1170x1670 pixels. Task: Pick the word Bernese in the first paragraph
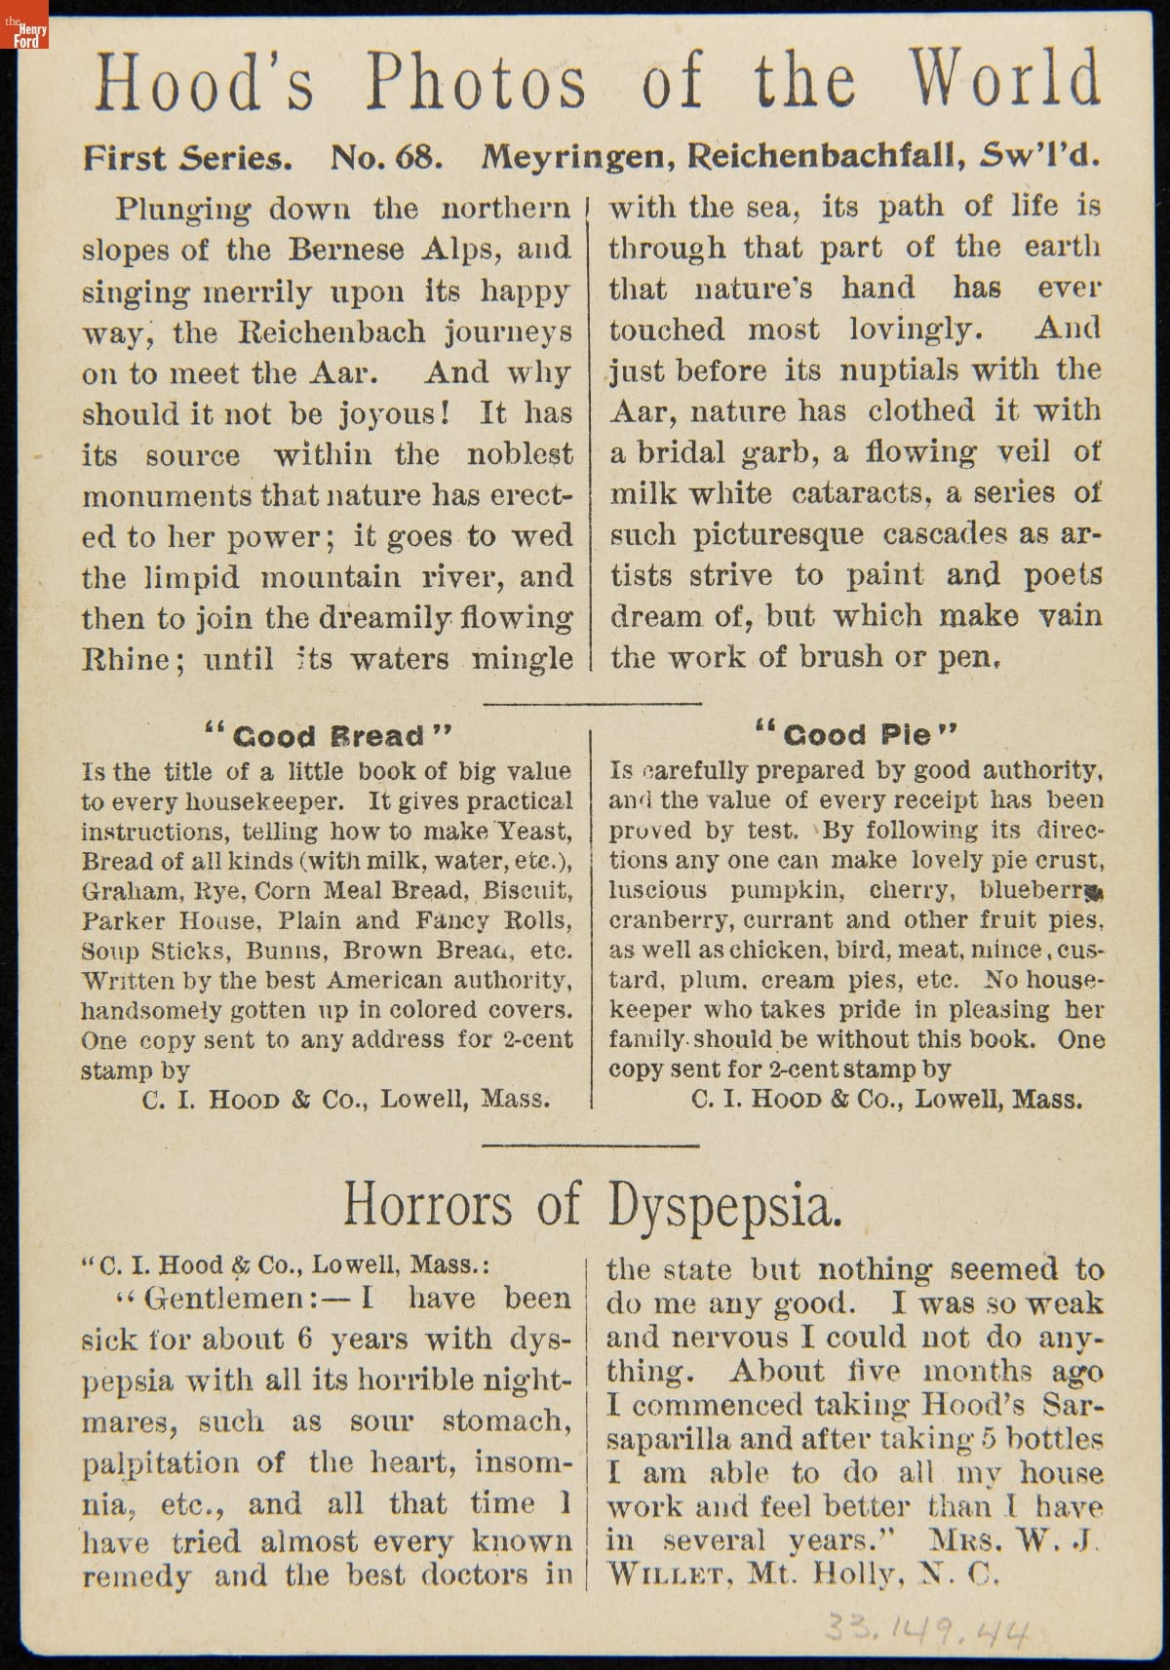tap(345, 250)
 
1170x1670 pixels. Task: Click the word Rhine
tap(124, 659)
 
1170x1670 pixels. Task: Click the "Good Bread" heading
tap(329, 735)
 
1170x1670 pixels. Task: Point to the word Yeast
tap(534, 832)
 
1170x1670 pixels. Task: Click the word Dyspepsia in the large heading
tap(722, 1205)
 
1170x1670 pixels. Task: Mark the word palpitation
tap(160, 1462)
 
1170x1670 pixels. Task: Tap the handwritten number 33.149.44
tap(926, 1626)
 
